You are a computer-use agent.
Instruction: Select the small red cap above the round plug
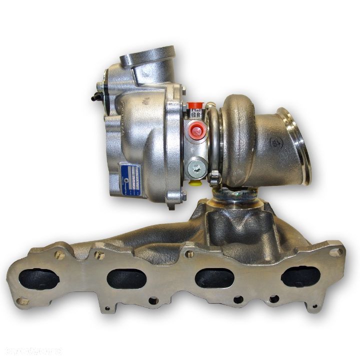[x=194, y=106]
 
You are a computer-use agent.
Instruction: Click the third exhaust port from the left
[x=214, y=278]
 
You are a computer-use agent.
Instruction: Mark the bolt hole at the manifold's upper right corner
[x=336, y=252]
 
